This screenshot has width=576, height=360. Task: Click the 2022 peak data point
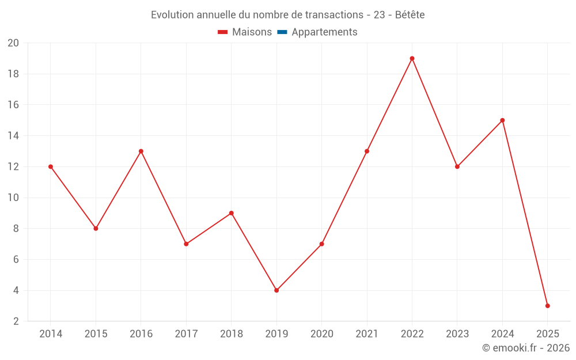412,58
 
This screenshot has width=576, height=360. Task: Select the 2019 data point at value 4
276,290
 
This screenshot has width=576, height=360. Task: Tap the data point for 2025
547,306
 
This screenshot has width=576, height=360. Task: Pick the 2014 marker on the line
51,166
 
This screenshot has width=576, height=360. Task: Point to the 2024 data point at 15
502,120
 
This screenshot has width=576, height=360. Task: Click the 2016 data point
141,151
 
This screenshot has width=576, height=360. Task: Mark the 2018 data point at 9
231,213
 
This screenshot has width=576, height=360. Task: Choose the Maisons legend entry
252,32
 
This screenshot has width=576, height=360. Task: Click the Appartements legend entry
324,32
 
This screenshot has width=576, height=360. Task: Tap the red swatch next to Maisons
223,32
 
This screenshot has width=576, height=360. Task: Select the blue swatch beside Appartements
282,32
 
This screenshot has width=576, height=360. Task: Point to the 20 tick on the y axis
13,43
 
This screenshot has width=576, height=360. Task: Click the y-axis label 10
13,198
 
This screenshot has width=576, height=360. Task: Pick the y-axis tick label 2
16,321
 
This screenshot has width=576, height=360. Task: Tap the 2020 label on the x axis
321,334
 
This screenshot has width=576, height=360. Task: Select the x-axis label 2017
186,334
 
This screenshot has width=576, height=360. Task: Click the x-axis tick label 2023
457,334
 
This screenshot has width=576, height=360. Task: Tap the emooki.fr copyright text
526,348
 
